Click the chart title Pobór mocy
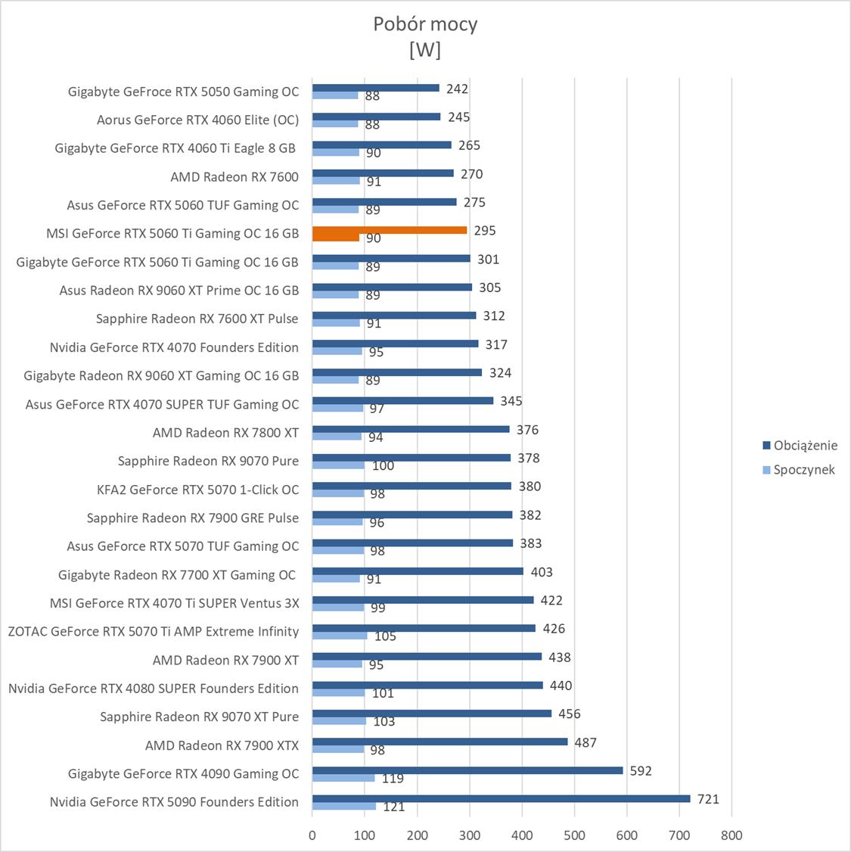click(x=425, y=24)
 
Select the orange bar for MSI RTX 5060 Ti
click(x=389, y=230)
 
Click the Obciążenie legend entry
click(x=805, y=445)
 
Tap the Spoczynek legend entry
click(x=803, y=469)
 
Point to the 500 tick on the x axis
click(x=574, y=835)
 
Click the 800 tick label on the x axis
click(x=731, y=835)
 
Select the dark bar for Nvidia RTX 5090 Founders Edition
click(x=501, y=798)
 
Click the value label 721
click(x=708, y=799)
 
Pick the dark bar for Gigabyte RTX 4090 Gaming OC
click(x=467, y=770)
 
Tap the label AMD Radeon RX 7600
click(x=234, y=177)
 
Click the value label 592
click(x=640, y=771)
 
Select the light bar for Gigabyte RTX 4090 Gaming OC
click(x=343, y=778)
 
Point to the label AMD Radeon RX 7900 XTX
click(x=222, y=745)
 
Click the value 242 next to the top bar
click(x=457, y=89)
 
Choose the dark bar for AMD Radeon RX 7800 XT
click(x=411, y=429)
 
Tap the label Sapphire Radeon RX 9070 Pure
click(x=208, y=461)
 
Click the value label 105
click(x=385, y=636)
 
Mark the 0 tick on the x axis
click(x=312, y=835)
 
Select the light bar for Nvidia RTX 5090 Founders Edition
click(x=344, y=806)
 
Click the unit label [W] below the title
click(x=424, y=50)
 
